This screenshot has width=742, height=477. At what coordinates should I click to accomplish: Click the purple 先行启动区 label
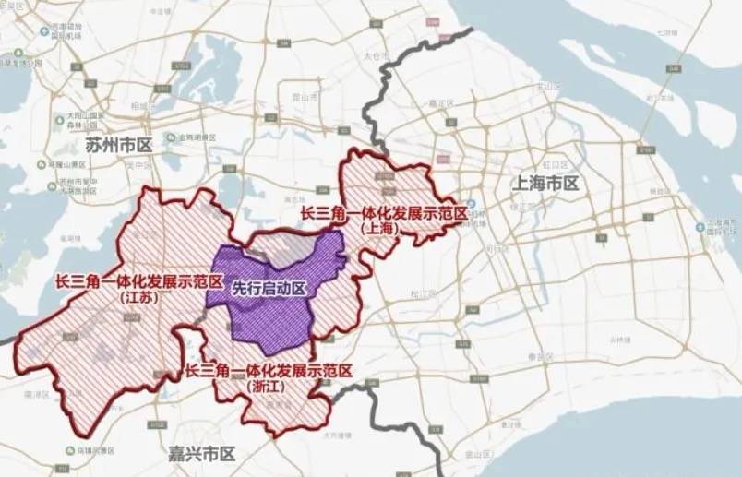pos(269,288)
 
